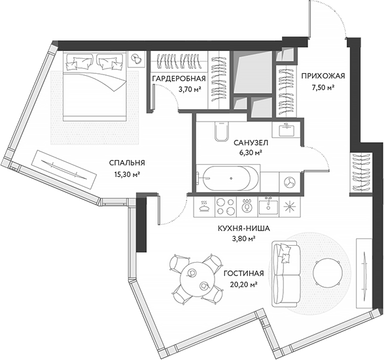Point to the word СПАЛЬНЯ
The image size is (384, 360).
tap(127, 163)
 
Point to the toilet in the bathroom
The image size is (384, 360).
tap(219, 132)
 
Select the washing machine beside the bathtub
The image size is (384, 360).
tap(288, 181)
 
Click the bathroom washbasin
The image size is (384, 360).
tap(285, 129)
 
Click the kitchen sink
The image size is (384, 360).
tap(269, 206)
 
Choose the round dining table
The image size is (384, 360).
tap(197, 278)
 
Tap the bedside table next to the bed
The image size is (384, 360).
tap(136, 59)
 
